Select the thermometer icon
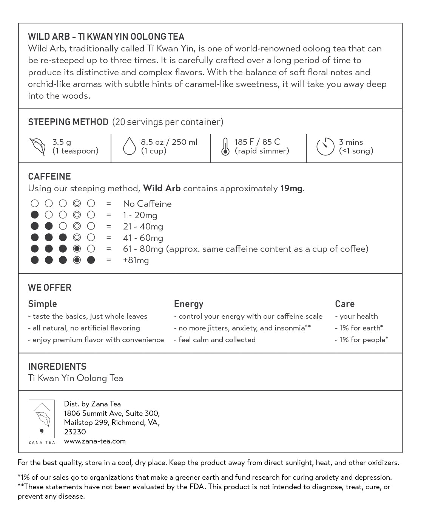tap(225, 147)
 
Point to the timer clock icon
tap(325, 147)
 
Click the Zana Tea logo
tap(42, 422)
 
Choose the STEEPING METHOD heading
tap(68, 122)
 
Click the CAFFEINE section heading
tap(49, 177)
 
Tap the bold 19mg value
tap(291, 188)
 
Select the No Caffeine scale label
tap(147, 204)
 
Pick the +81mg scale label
tap(136, 260)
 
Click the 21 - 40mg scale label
tap(143, 226)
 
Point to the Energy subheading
tap(188, 304)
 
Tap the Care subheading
tap(344, 304)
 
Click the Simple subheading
tap(42, 304)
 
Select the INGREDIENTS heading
tap(57, 366)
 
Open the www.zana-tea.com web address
tap(95, 441)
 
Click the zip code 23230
tap(75, 432)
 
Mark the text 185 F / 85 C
tap(257, 142)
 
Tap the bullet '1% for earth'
tap(361, 328)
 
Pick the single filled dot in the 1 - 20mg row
tap(35, 215)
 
